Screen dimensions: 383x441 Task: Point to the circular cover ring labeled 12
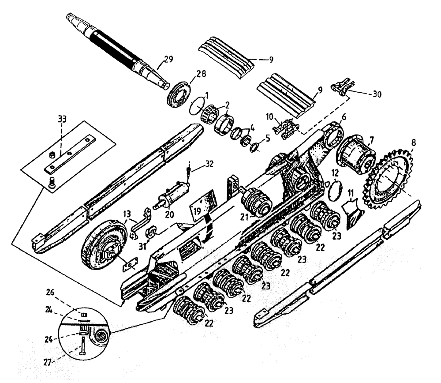coord(336,186)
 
